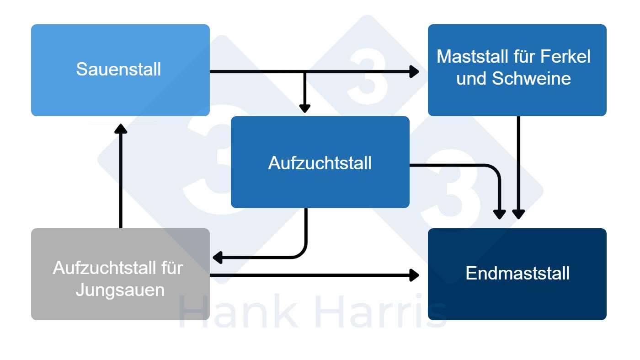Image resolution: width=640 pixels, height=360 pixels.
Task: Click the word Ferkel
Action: (x=565, y=57)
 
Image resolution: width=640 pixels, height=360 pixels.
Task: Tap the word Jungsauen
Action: (x=120, y=290)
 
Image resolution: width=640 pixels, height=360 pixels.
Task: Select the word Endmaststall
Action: (x=517, y=274)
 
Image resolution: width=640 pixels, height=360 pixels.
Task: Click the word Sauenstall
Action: (x=118, y=70)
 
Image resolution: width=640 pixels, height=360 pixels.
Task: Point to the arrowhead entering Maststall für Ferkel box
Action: (x=415, y=71)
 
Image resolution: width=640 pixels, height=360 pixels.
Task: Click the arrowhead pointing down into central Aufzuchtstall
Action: (x=304, y=108)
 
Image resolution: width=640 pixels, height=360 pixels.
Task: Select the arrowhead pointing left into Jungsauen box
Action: (x=218, y=258)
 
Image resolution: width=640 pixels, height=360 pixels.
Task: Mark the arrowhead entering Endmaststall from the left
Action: (x=415, y=275)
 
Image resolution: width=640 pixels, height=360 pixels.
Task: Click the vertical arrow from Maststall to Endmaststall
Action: (x=518, y=165)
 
